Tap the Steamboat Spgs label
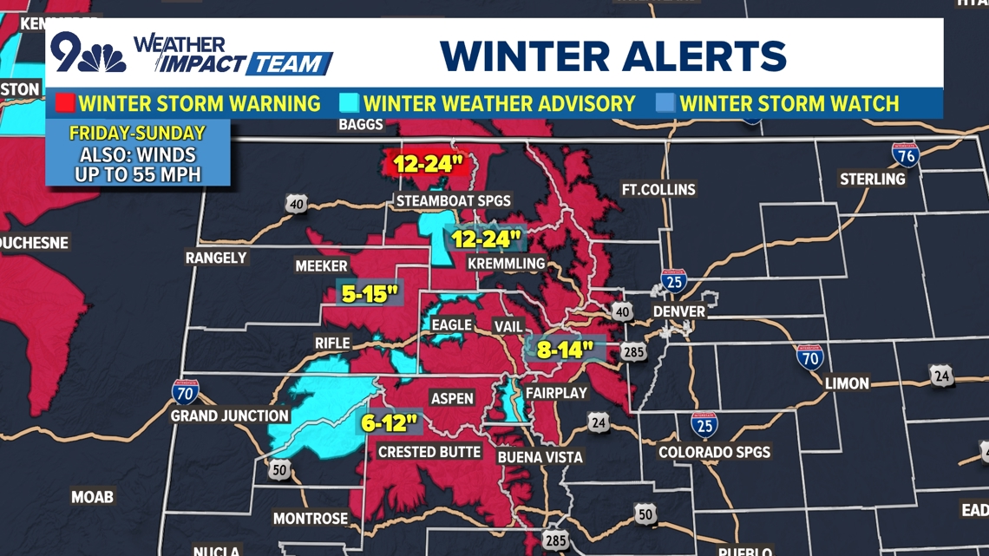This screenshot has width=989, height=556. [x=454, y=201]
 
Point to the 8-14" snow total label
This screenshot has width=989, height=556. [x=565, y=349]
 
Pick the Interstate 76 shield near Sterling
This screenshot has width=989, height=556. [x=905, y=154]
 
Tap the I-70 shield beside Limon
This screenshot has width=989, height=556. [x=809, y=356]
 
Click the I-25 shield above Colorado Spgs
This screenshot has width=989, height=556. [x=704, y=424]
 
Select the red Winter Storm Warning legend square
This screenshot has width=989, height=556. [x=65, y=104]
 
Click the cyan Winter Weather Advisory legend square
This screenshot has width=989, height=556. [x=350, y=104]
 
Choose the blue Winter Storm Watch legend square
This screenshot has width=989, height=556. [x=665, y=104]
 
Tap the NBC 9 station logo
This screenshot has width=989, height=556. [x=87, y=54]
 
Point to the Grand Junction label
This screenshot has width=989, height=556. [x=229, y=416]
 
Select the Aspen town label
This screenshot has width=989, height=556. [x=452, y=398]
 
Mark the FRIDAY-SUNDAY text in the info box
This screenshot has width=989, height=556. [x=137, y=134]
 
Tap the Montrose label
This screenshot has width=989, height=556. [x=311, y=519]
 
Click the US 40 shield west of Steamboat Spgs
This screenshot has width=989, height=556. [x=297, y=204]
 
